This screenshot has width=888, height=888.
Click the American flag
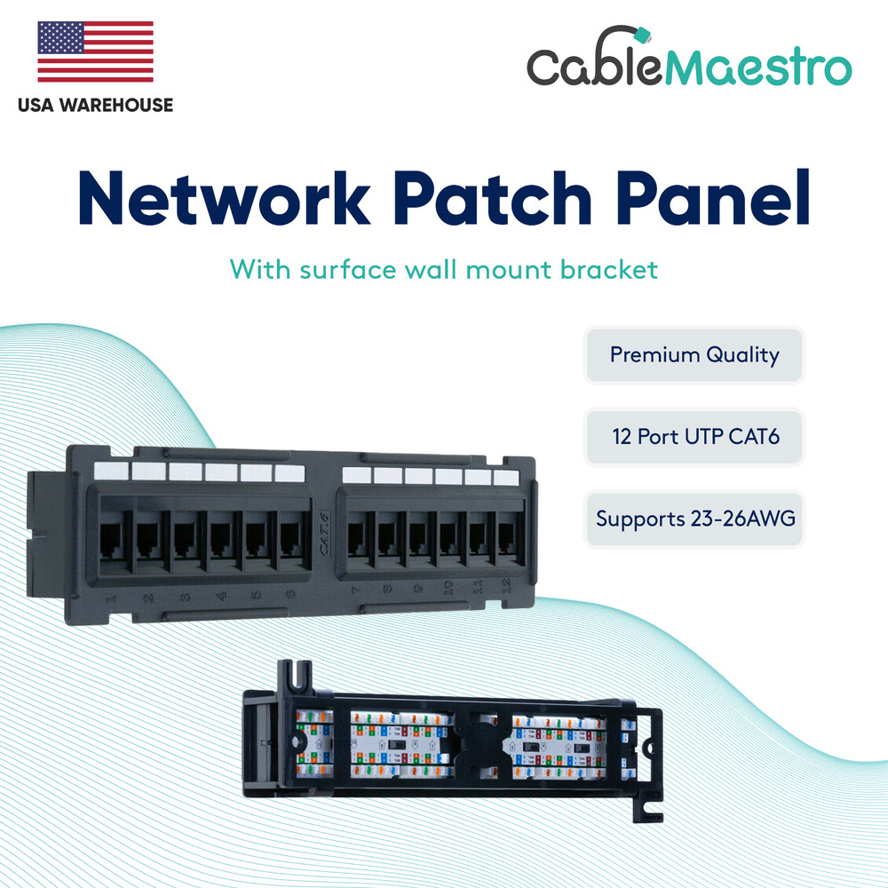(95, 52)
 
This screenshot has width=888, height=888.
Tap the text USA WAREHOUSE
(95, 105)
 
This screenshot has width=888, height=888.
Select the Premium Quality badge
(694, 355)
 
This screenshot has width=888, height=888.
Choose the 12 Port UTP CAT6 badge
(694, 437)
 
